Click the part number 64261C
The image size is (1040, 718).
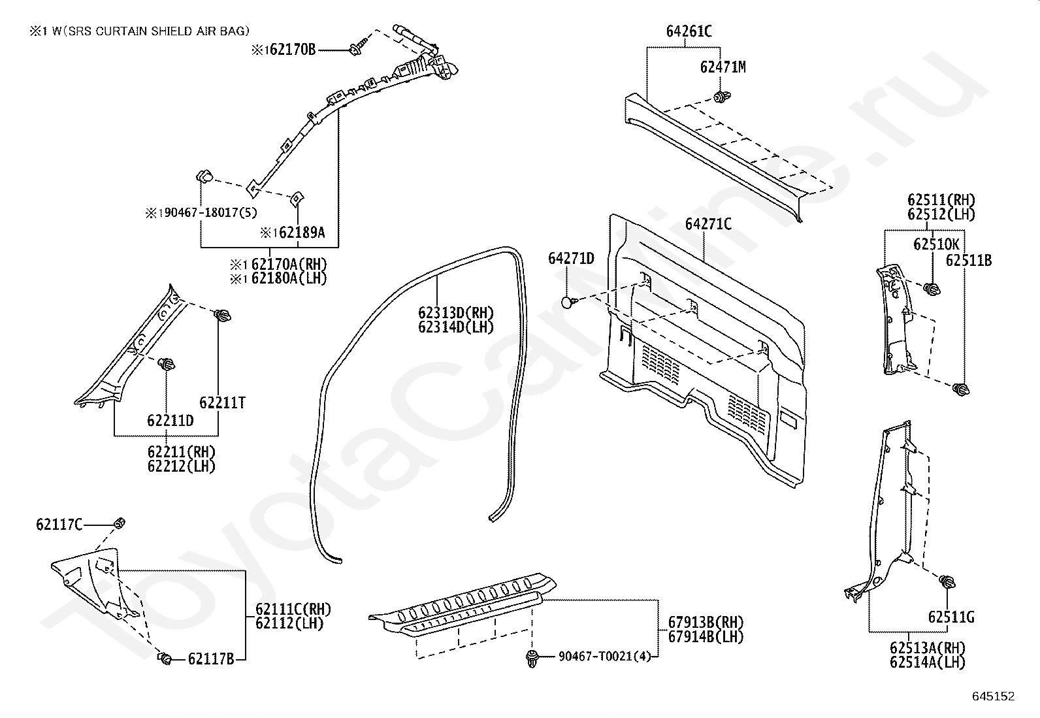tap(689, 31)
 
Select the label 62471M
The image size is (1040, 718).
tap(723, 67)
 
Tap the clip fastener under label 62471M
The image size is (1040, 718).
tap(721, 97)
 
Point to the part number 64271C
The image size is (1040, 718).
tap(709, 224)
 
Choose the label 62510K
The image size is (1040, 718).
tap(936, 244)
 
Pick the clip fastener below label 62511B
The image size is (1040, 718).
tap(960, 389)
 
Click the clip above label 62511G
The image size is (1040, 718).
tap(947, 582)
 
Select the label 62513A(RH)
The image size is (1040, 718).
tap(928, 647)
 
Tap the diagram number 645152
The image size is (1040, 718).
tap(994, 696)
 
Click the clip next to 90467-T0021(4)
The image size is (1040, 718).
tap(532, 658)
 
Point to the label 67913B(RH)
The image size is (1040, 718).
tap(706, 622)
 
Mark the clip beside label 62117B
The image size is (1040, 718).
tap(165, 658)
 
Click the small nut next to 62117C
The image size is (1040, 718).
tap(120, 523)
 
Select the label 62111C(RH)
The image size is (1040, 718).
tap(293, 609)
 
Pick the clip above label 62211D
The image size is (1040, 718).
tap(166, 365)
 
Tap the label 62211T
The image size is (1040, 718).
tap(222, 402)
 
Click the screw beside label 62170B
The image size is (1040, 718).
tap(356, 48)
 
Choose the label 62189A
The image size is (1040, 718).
tap(302, 232)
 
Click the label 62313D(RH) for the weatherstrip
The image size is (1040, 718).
tap(456, 312)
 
